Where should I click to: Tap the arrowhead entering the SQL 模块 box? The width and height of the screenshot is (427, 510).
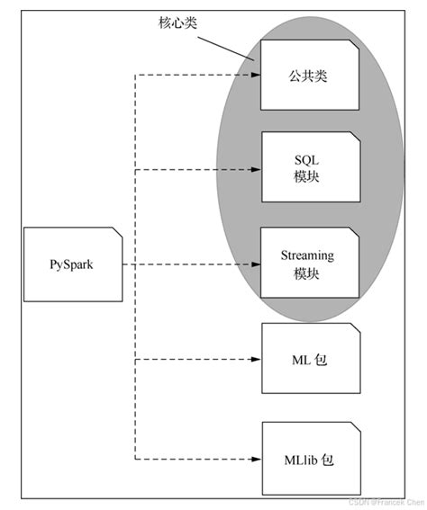tap(254, 168)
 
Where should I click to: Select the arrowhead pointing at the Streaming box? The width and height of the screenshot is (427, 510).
tap(254, 264)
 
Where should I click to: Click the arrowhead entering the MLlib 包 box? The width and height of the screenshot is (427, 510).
tap(254, 458)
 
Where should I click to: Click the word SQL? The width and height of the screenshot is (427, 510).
tap(301, 159)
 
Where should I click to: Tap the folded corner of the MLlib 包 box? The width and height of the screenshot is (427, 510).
tap(356, 427)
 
